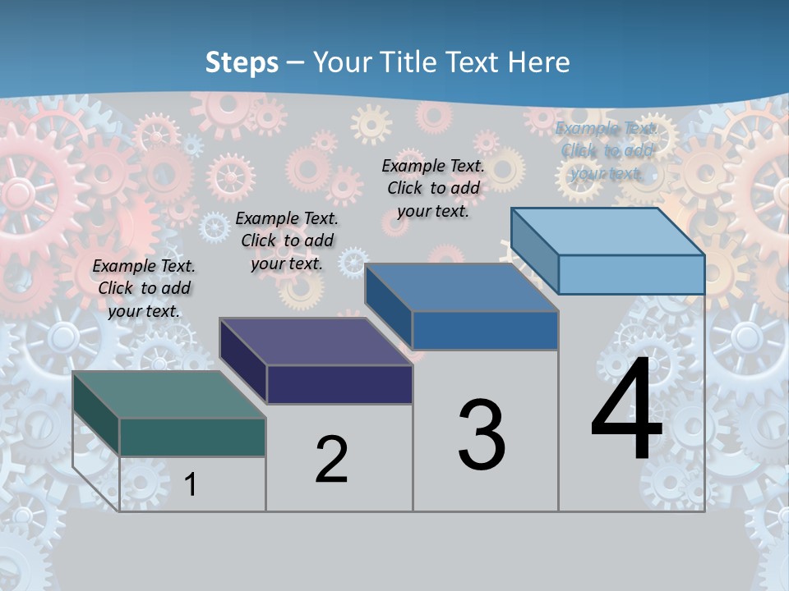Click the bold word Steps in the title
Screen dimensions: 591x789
click(242, 62)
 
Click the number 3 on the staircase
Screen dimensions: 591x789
click(482, 435)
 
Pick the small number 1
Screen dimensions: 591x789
click(191, 484)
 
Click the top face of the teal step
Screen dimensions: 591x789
click(168, 395)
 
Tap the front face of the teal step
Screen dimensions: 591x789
click(192, 437)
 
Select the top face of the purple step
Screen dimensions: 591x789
click(316, 341)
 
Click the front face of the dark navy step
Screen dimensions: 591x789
click(339, 384)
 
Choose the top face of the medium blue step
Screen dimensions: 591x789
click(462, 287)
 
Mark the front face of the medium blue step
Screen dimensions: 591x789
click(485, 330)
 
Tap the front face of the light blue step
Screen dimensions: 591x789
click(631, 274)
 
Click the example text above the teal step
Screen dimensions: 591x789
click(144, 288)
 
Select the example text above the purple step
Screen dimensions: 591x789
click(287, 241)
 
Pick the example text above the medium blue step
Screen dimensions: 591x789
click(433, 188)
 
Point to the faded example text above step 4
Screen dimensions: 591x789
click(607, 150)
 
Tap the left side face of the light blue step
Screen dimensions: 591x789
click(534, 250)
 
